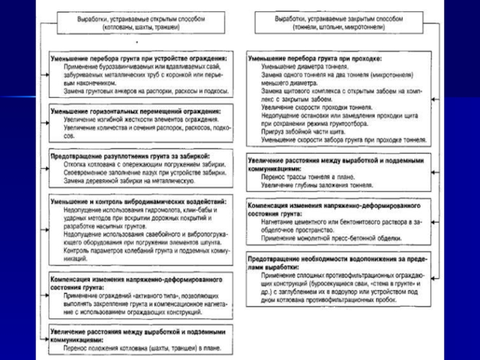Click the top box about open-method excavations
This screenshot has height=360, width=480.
140,23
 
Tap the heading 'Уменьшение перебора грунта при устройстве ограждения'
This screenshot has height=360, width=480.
139,59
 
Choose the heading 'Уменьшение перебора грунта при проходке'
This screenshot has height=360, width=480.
314,59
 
